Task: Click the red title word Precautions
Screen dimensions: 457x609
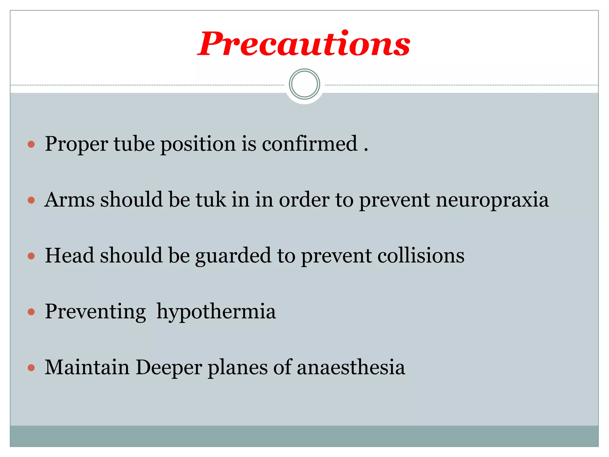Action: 304,44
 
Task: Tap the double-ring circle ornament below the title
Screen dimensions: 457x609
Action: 304,84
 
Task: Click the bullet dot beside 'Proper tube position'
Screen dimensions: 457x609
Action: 31,145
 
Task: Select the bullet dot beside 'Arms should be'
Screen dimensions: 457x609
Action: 31,200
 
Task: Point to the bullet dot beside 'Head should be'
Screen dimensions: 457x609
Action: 31,256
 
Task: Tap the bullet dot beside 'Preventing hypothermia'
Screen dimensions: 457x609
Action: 31,312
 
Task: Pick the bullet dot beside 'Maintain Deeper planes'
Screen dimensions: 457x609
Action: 31,368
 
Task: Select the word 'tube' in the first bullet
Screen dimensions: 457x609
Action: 134,144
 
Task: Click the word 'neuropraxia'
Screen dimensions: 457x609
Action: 492,200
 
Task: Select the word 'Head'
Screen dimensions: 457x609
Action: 70,256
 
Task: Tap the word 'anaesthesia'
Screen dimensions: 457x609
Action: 351,367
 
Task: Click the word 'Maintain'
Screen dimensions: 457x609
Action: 87,367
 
